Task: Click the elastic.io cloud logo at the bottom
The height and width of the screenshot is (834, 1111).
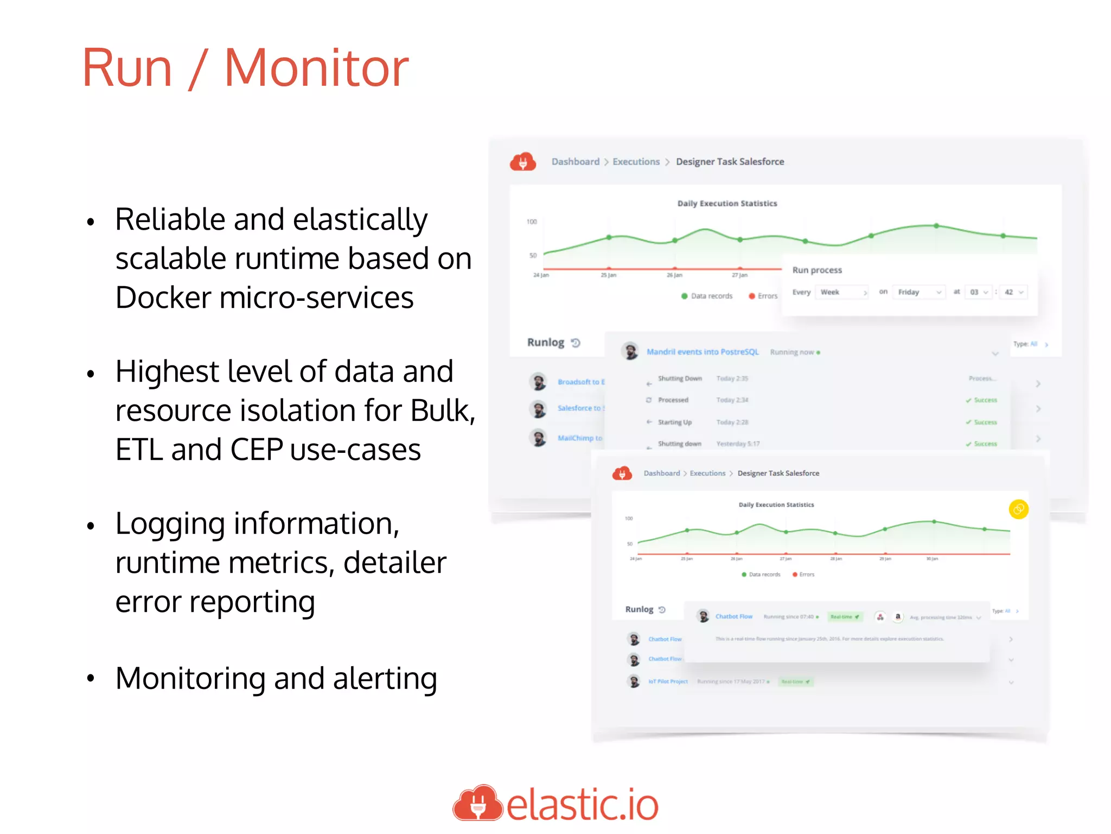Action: tap(478, 803)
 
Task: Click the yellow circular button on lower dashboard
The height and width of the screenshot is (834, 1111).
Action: tap(1018, 509)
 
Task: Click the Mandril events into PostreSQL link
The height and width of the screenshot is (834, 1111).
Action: tap(703, 352)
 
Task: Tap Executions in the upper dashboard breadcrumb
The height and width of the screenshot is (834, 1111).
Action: tap(636, 162)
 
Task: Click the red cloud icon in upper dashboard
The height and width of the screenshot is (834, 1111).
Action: tap(523, 162)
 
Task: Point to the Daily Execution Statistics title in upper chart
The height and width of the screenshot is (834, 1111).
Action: tap(727, 204)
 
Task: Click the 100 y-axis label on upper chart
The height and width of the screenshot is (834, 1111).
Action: tap(532, 222)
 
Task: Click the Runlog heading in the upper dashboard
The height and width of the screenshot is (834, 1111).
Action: tap(546, 343)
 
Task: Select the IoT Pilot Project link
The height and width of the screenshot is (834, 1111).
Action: tap(668, 681)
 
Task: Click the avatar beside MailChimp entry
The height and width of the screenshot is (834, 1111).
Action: tap(538, 438)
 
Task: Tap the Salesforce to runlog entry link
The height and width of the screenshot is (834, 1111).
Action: tap(580, 408)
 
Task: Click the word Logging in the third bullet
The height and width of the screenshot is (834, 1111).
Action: tap(170, 525)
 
